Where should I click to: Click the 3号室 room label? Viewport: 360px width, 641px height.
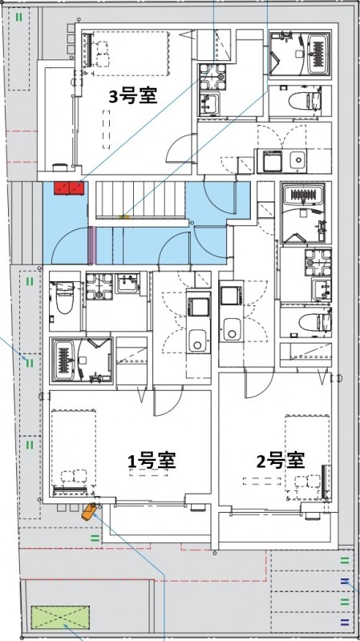(133, 96)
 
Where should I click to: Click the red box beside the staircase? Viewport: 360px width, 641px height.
(70, 188)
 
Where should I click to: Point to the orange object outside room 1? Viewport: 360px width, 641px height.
(89, 511)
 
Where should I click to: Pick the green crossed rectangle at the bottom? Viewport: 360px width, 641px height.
(60, 618)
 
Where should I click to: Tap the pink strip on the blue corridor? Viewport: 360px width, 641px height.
(94, 245)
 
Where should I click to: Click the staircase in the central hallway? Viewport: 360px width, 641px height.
(140, 200)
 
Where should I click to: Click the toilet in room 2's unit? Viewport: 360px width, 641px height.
(313, 321)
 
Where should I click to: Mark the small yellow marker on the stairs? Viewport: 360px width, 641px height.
(123, 215)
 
